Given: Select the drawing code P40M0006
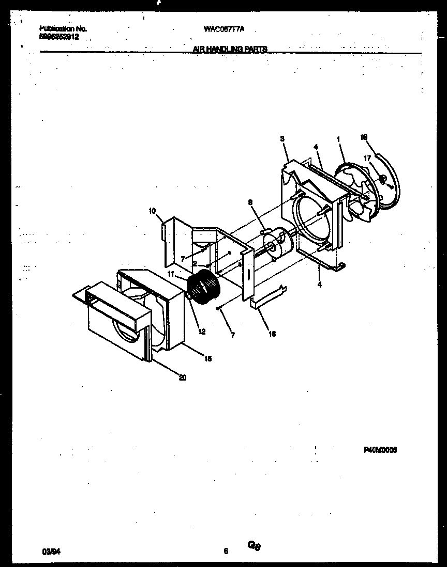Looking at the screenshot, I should tap(380, 450).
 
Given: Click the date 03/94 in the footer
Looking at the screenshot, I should tap(49, 551).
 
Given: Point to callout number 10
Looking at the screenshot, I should tap(152, 210).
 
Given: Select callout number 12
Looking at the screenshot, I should tap(202, 332).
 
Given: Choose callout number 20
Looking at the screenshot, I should tap(182, 377).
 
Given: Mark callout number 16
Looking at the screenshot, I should tap(272, 334).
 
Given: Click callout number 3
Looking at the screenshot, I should tap(282, 138).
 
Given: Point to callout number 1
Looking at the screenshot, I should tap(338, 139).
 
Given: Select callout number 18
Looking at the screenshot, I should tap(364, 137).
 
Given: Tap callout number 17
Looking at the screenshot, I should tap(367, 159).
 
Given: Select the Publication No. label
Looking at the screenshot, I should tap(63, 29).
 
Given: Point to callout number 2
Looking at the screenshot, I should tap(194, 263).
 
